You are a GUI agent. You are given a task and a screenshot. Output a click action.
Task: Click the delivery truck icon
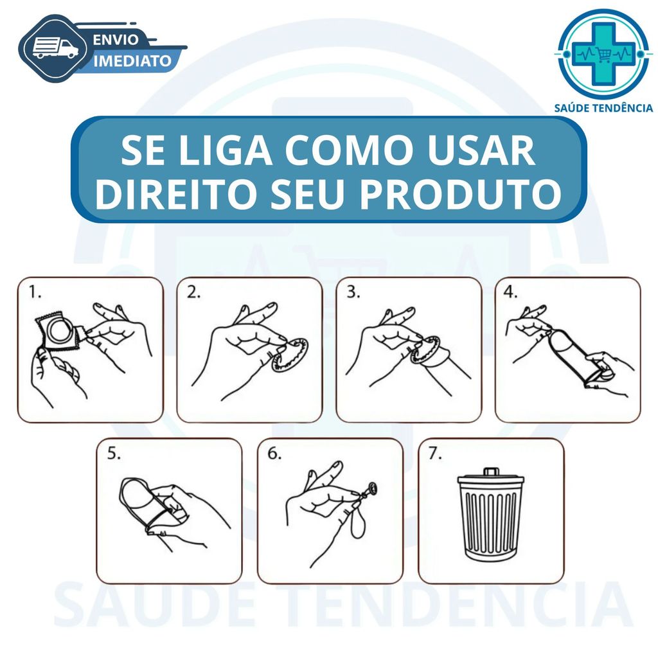click(x=55, y=48)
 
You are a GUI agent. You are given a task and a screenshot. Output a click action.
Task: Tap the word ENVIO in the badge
click(x=116, y=39)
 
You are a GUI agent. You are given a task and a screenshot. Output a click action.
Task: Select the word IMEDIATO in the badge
click(x=132, y=61)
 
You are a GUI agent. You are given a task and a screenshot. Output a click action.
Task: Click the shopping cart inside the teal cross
click(x=604, y=54)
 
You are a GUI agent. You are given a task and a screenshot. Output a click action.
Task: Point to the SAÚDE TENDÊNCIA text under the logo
click(x=603, y=108)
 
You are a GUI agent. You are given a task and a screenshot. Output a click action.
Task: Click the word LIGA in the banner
click(x=226, y=150)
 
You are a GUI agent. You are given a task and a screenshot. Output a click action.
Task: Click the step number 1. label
click(x=35, y=292)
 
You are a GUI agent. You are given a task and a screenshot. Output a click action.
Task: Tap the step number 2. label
click(x=193, y=292)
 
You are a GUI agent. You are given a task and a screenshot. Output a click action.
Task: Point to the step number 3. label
click(x=353, y=292)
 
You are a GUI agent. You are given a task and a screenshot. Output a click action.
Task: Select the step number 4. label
click(x=510, y=292)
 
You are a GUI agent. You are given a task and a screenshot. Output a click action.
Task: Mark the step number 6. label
click(x=275, y=453)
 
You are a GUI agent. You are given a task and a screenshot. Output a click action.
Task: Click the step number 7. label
click(x=435, y=453)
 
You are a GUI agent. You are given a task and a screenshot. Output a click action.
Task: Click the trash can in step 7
click(x=490, y=514)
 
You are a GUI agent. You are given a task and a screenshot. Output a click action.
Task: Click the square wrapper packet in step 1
click(x=57, y=332)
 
